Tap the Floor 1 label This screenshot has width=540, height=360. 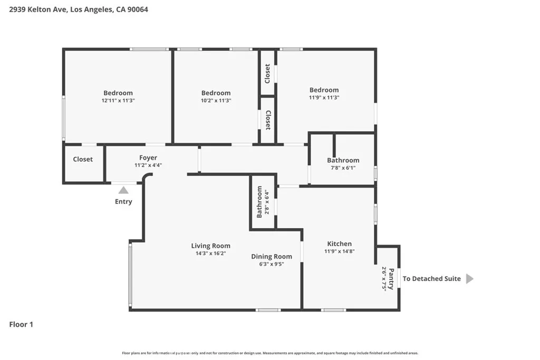pyautogui.click(x=21, y=325)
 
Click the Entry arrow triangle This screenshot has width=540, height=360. pyautogui.click(x=123, y=190)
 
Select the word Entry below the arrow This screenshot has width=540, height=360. pyautogui.click(x=123, y=201)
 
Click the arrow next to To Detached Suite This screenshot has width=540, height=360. pyautogui.click(x=469, y=279)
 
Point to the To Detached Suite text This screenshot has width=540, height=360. pyautogui.click(x=431, y=279)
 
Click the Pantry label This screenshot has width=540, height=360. pyautogui.click(x=391, y=279)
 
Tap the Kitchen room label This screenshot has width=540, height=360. pyautogui.click(x=339, y=244)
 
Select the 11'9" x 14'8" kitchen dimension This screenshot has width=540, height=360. pyautogui.click(x=339, y=251)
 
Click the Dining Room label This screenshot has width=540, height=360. pyautogui.click(x=271, y=257)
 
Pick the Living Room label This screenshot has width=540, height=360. pyautogui.click(x=210, y=246)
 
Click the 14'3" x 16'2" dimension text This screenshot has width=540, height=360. pyautogui.click(x=210, y=253)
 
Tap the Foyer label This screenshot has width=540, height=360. pyautogui.click(x=148, y=158)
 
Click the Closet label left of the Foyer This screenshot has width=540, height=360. pyautogui.click(x=83, y=159)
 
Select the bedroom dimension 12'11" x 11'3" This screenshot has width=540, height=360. pyautogui.click(x=118, y=100)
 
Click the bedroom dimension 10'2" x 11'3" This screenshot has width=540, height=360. pyautogui.click(x=216, y=100)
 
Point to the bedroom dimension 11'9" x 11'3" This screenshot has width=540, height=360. pyautogui.click(x=324, y=97)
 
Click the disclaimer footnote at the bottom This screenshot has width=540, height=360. pyautogui.click(x=270, y=353)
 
